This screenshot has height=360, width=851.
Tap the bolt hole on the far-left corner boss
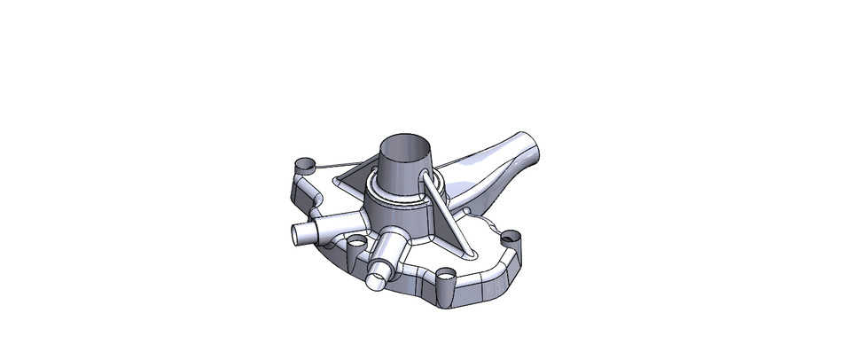304,165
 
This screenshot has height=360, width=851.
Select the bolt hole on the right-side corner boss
510,238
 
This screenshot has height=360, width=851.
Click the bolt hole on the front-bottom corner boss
446,276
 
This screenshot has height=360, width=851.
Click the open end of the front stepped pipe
376,279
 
